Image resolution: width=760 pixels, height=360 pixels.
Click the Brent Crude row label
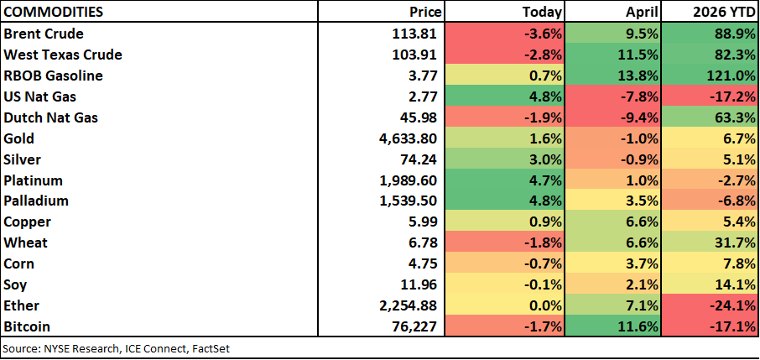click(x=44, y=34)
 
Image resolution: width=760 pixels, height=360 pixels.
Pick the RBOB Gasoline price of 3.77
click(x=423, y=76)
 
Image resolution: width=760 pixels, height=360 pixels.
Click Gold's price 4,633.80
click(x=409, y=138)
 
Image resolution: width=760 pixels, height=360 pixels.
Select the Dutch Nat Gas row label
click(x=50, y=117)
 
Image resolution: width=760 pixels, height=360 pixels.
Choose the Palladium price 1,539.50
click(x=409, y=201)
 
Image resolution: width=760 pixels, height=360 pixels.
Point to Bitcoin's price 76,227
click(x=417, y=327)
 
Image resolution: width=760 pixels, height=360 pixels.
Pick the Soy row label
click(x=14, y=285)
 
